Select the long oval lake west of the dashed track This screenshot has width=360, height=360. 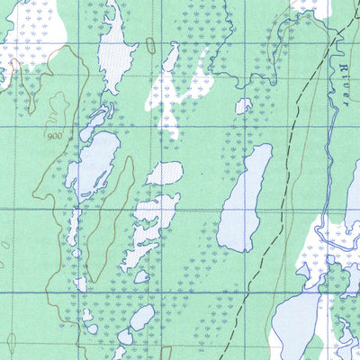(x=243, y=198)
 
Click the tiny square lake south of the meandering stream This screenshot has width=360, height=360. (x=243, y=106)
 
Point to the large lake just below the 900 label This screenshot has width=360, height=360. (x=92, y=162)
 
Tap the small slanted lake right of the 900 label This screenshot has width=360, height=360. (x=96, y=121)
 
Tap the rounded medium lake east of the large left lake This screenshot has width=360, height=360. (x=164, y=173)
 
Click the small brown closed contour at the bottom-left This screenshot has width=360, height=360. (x=11, y=342)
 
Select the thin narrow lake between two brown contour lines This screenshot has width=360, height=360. (x=73, y=229)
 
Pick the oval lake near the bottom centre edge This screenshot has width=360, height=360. (x=141, y=317)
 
